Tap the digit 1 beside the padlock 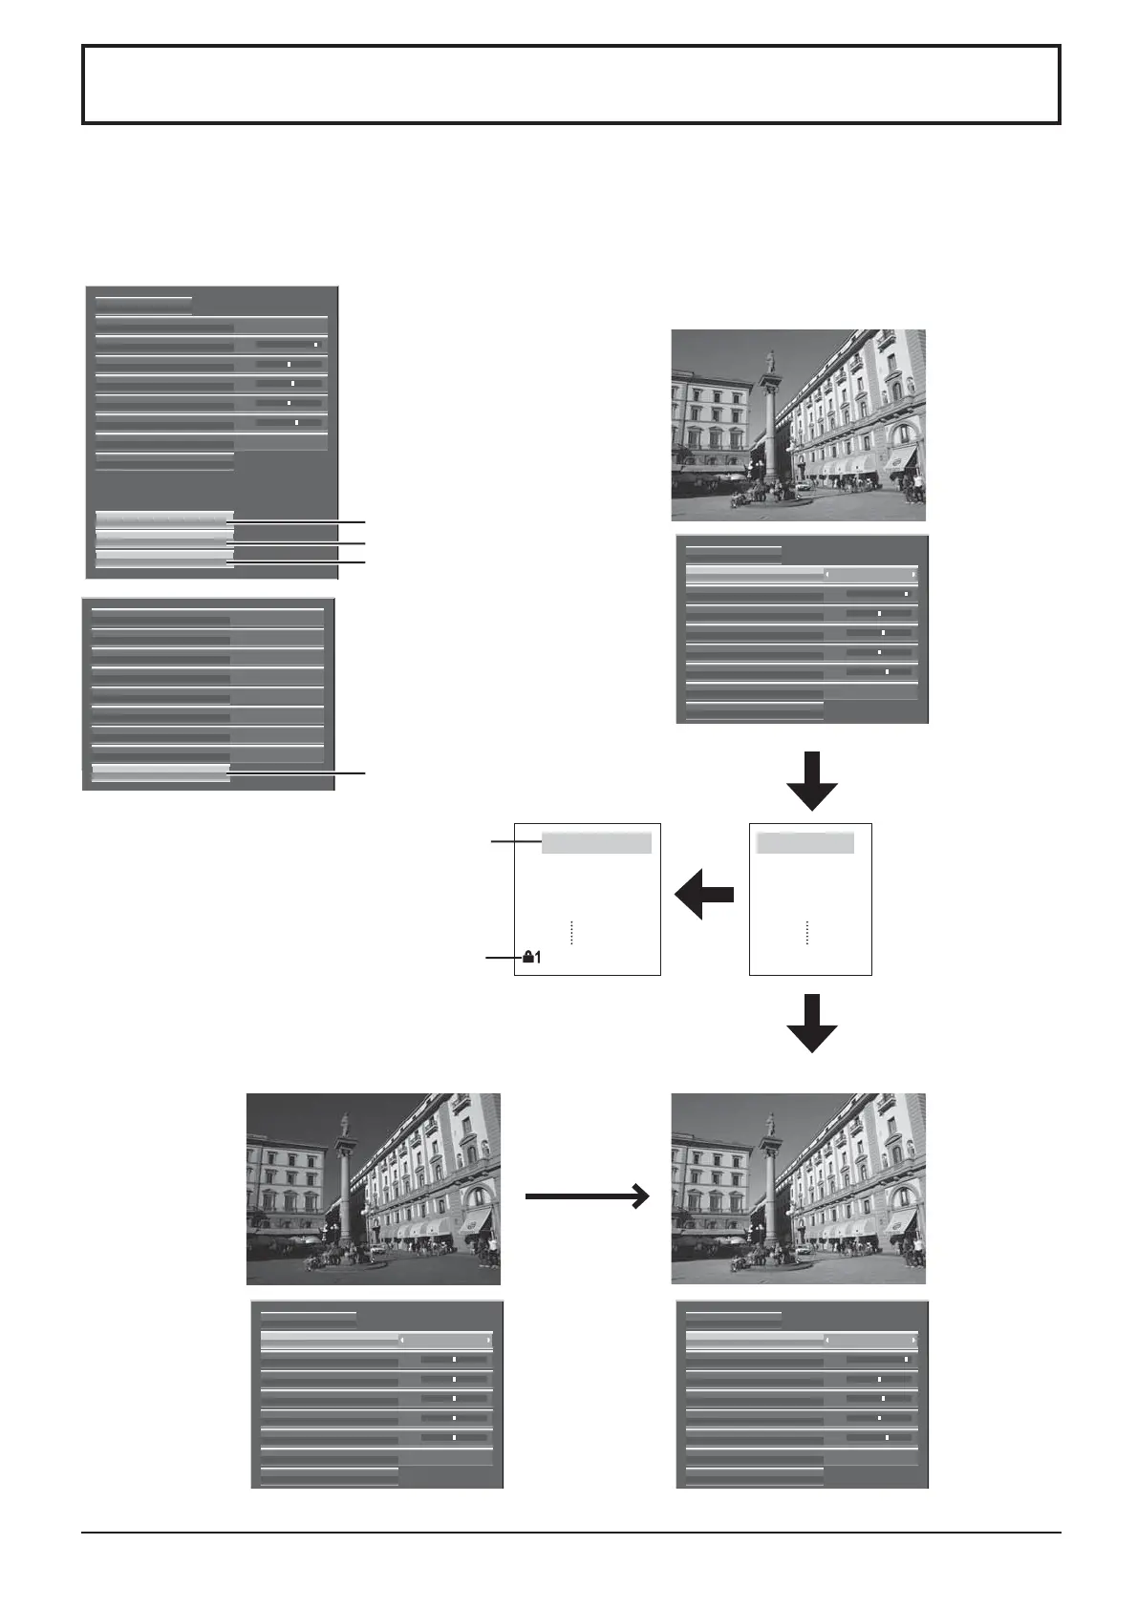[537, 957]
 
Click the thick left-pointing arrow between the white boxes [704, 896]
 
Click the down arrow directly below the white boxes [812, 1024]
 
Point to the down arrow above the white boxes [812, 781]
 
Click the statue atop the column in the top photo [770, 361]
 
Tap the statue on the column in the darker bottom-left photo [344, 1124]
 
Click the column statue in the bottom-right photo [770, 1124]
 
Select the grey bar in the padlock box [596, 842]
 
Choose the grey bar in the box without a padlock [804, 842]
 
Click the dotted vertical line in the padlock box [570, 933]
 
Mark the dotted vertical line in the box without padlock [806, 933]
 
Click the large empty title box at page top [571, 84]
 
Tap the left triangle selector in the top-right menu [827, 575]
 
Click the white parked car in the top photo [802, 486]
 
